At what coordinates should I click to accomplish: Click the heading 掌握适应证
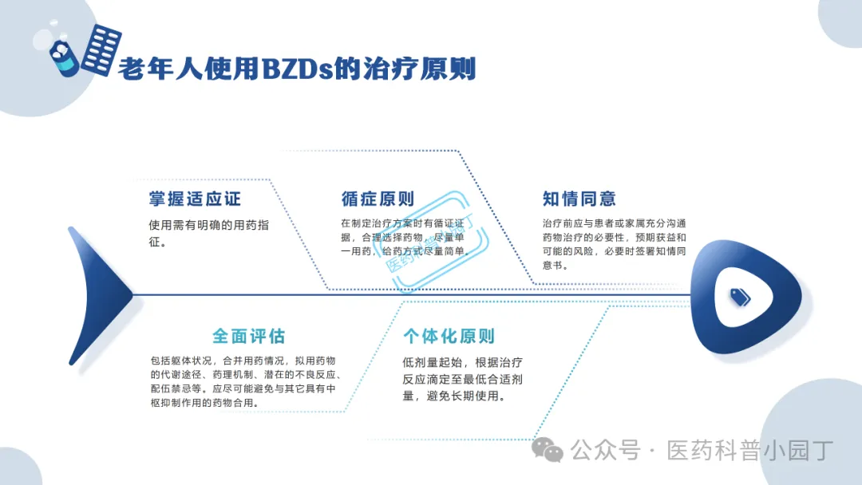point(194,199)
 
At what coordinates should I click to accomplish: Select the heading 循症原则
point(378,199)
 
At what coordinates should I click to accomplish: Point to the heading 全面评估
point(248,335)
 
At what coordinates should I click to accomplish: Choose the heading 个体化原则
point(449,336)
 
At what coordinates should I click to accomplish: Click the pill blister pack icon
point(101,49)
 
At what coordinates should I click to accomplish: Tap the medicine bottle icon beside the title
point(64,57)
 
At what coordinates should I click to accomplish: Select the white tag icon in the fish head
point(741,297)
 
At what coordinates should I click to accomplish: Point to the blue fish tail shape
point(96,295)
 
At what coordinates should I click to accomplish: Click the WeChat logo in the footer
point(548,451)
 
